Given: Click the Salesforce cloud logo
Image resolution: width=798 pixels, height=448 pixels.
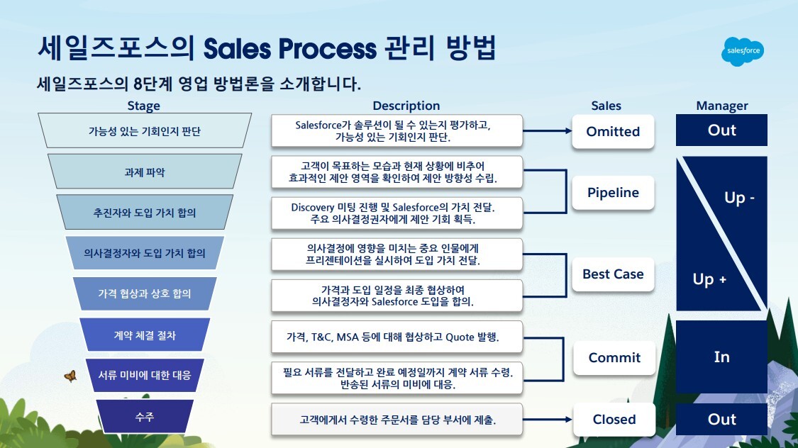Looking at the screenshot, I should coord(743,52).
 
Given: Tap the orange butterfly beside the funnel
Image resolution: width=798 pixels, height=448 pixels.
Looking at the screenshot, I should coord(70,376).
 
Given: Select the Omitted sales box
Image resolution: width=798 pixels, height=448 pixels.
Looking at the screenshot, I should coord(613,132).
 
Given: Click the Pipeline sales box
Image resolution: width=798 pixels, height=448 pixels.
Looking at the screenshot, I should coord(613,193).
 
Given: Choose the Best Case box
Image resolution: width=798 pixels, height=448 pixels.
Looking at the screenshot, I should coord(613,274).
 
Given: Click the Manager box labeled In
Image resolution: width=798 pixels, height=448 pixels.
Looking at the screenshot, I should coord(721,357).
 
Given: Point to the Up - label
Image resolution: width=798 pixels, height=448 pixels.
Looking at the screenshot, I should coord(739,198).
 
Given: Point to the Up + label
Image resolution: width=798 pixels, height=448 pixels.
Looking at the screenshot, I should coord(709,279).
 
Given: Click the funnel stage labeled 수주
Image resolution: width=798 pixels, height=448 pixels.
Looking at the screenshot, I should coord(144,418).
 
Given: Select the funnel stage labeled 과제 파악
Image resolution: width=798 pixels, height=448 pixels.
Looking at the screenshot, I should coord(144,172).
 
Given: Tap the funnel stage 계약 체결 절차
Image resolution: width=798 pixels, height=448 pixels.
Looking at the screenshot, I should coord(144,335).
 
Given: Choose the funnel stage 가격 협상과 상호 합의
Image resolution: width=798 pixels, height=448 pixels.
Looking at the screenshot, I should coord(144,293).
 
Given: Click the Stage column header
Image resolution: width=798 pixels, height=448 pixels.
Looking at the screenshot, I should coord(143,106).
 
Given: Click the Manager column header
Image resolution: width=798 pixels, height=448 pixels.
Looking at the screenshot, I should coord(721,106).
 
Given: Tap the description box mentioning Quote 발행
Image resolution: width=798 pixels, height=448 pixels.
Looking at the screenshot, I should coord(397,337).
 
